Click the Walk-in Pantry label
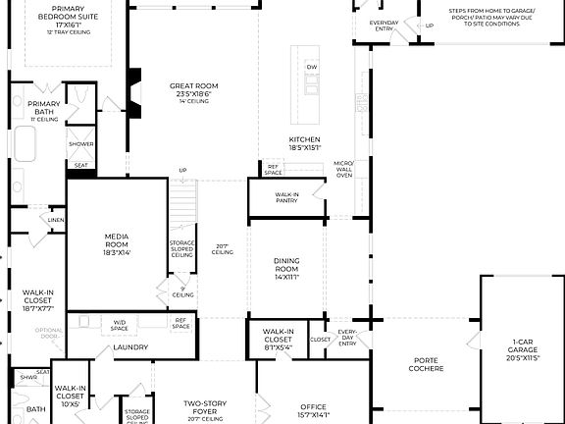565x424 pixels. pos(286,197)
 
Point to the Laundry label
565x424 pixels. pos(130,347)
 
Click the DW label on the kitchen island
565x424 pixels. pos(312,67)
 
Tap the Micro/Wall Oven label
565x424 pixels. pos(342,169)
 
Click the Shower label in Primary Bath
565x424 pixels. pos(80,144)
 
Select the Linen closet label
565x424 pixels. pos(55,221)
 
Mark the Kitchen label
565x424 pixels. pos(304,142)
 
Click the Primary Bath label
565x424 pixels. pos(43,107)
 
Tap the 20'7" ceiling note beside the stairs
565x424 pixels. pos(223,249)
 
